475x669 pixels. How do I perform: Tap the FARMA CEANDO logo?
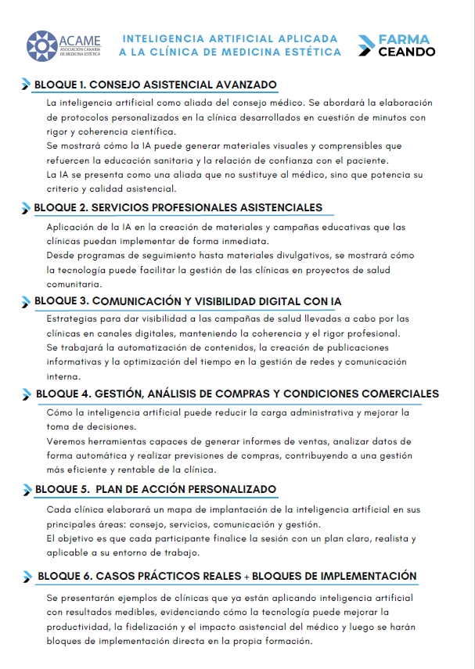(x=396, y=45)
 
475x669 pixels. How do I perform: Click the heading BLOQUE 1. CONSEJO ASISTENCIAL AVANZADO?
(x=156, y=85)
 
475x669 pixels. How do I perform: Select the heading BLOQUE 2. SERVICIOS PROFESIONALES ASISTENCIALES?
(x=178, y=207)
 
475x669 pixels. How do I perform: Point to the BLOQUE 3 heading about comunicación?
(x=188, y=301)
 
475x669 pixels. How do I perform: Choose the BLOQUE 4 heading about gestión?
(x=237, y=394)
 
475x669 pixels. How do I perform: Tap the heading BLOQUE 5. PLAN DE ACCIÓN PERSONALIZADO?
(x=156, y=489)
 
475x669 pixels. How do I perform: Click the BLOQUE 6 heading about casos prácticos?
(x=226, y=576)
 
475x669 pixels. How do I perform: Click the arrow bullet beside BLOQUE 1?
(x=27, y=85)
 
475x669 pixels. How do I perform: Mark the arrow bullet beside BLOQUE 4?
(x=27, y=394)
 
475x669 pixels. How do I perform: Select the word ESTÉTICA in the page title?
(x=315, y=52)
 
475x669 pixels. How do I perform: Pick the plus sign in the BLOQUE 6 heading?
(x=246, y=577)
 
